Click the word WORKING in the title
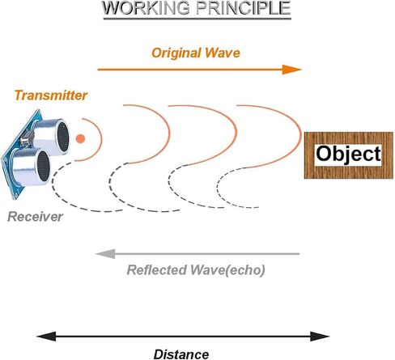(147, 8)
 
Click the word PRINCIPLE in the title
(244, 8)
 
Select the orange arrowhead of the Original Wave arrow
(291, 70)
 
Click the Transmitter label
(51, 95)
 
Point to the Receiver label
(35, 217)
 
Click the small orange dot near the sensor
(80, 138)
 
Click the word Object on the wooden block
(348, 155)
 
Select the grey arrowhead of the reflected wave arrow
(105, 254)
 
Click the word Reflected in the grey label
(157, 270)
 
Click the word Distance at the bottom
(181, 354)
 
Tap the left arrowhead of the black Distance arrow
(46, 337)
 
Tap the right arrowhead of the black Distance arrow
(320, 337)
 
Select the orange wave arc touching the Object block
(300, 135)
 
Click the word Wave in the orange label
(223, 53)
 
